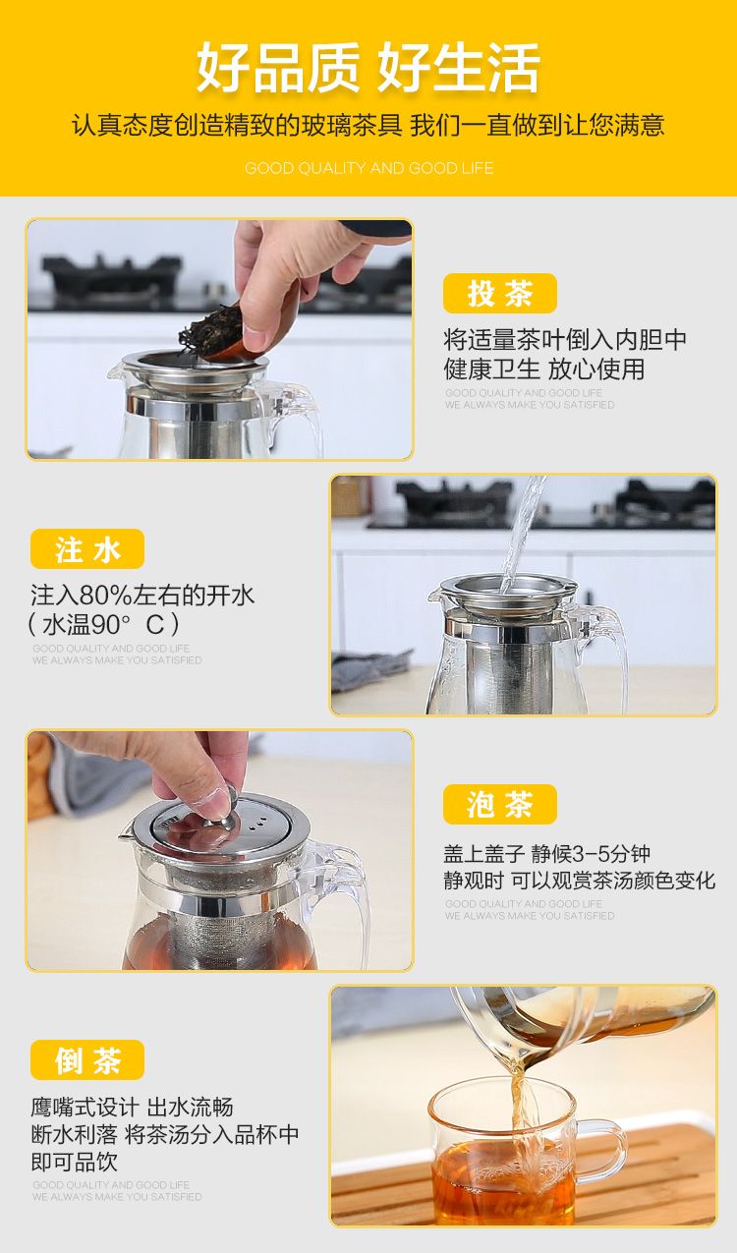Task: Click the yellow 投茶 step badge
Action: tap(500, 293)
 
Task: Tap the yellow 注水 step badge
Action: tap(87, 548)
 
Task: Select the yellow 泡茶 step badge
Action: tap(500, 805)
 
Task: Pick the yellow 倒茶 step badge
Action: tap(87, 1060)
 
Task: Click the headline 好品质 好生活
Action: tap(368, 67)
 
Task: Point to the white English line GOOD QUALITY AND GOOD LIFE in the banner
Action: tap(369, 168)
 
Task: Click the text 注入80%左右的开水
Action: tap(142, 595)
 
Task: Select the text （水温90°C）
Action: tap(103, 624)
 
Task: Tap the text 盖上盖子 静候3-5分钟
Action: tap(547, 854)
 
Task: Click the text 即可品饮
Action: tap(74, 1162)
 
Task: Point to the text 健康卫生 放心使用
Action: tap(544, 370)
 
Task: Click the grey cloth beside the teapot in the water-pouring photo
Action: tap(371, 669)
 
